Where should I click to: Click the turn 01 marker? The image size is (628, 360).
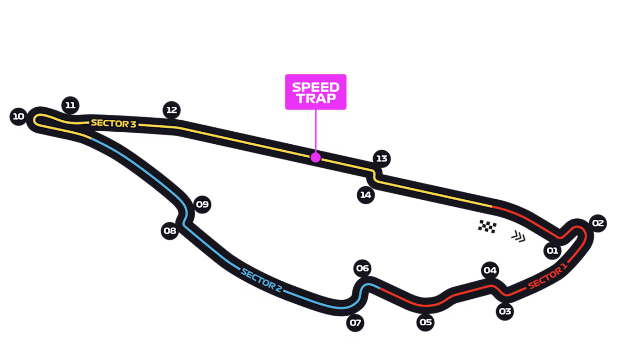point(553,251)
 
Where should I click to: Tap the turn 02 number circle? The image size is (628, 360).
point(598,223)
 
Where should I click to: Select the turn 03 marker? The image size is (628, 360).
point(505,311)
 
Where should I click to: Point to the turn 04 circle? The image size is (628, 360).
point(490,270)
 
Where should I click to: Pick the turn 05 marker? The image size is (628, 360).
point(426,322)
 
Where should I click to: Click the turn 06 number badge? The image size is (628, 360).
point(362,268)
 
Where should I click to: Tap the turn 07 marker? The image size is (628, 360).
point(355,322)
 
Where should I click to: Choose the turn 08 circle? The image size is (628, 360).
point(170,231)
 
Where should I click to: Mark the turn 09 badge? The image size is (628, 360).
point(202,205)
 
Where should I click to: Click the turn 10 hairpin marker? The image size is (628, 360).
point(18,117)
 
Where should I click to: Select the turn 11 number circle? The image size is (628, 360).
point(70,105)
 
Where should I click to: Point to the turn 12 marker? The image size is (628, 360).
point(172,110)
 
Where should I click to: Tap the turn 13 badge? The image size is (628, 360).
point(381,159)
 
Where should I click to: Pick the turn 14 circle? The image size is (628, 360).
point(366,195)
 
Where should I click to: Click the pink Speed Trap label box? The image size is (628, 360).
point(316,92)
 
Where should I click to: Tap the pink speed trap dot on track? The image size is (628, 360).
point(316,157)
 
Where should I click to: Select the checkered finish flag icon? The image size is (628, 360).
point(487,226)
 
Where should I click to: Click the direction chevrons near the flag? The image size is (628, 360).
point(518,236)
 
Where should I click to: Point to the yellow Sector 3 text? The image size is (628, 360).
point(113,123)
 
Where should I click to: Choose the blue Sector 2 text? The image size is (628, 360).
point(261,280)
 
